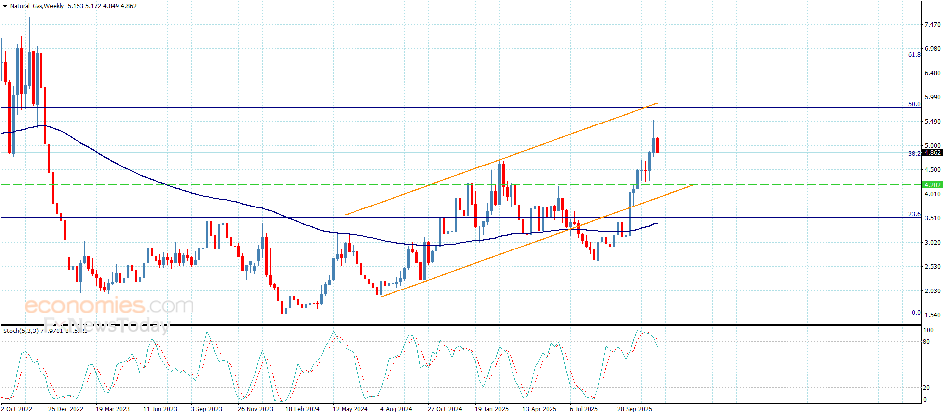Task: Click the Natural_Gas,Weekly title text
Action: tap(37, 6)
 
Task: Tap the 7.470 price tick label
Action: tap(932, 25)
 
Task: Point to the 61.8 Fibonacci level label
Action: tap(914, 55)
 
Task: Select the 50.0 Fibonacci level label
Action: tap(914, 104)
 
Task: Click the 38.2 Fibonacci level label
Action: tap(914, 154)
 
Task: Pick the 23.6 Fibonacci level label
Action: tap(914, 214)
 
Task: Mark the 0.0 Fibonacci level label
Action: tap(916, 313)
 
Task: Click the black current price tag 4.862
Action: tap(932, 153)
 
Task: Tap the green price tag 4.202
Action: tap(932, 185)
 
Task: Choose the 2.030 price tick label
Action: tap(932, 291)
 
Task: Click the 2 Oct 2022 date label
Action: tap(17, 409)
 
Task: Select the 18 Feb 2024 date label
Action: tap(302, 409)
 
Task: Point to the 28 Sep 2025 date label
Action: tap(634, 409)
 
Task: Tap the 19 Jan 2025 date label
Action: tap(491, 409)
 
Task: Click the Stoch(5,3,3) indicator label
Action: tap(21, 331)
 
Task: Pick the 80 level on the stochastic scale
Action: tap(926, 342)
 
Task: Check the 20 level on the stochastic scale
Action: tap(926, 388)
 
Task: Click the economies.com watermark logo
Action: tap(109, 306)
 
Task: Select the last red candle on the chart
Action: tap(657, 145)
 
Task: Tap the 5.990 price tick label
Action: tap(932, 97)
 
